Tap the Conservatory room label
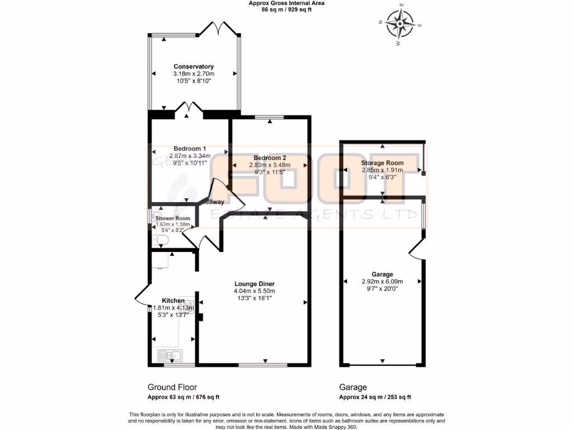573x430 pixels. tap(194, 67)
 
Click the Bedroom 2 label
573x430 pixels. tap(270, 157)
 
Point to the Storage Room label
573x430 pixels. tap(382, 163)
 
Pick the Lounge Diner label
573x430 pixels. tap(254, 283)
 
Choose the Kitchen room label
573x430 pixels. tap(173, 301)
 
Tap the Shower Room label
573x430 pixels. tap(173, 218)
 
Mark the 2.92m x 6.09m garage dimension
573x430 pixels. tap(382, 282)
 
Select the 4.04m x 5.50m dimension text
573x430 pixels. tap(254, 291)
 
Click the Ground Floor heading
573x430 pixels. tap(172, 387)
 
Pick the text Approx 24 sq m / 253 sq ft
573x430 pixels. tap(375, 398)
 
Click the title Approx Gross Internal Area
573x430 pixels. tap(286, 3)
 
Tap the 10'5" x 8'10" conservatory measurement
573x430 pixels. tap(194, 81)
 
